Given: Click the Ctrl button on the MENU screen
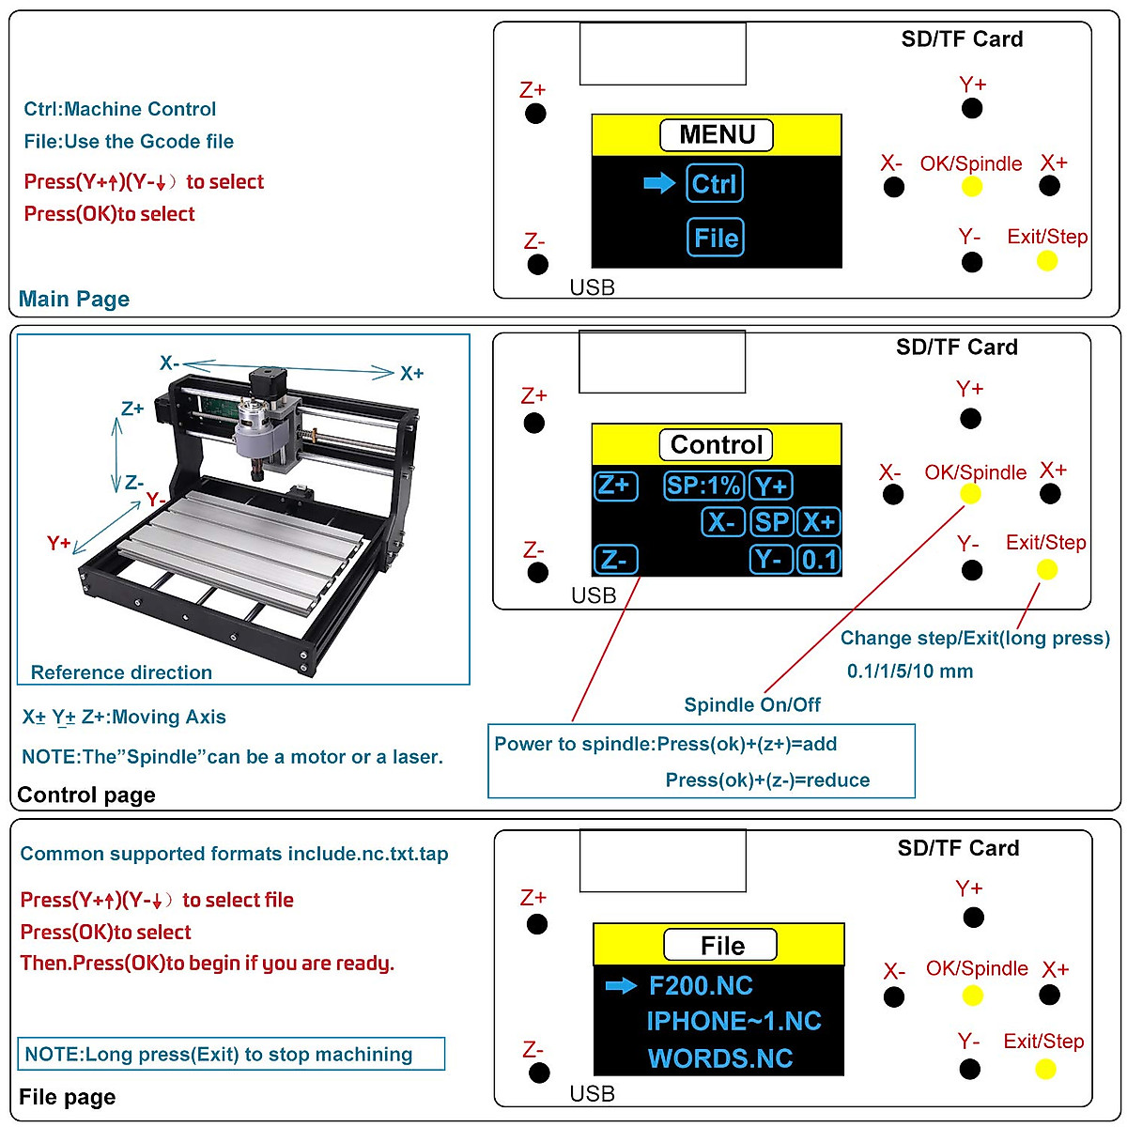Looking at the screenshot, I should tap(715, 183).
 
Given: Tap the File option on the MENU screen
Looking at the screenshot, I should tap(716, 238).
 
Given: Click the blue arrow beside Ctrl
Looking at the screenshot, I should tap(659, 183).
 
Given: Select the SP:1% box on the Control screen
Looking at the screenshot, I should tap(703, 486).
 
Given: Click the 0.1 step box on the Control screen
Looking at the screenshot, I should tap(819, 560).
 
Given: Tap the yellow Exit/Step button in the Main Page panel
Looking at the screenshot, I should tap(1046, 261).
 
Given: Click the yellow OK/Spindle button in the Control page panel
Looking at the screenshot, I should tap(970, 495).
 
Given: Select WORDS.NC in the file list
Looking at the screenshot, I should tap(720, 1058).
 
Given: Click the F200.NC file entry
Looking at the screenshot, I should tap(701, 985).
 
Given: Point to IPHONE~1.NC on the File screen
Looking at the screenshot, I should tap(733, 1022).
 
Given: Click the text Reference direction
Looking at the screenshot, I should tap(121, 672).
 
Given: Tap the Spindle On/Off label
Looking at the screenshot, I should tap(752, 705).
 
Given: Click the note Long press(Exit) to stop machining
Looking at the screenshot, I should tap(219, 1054).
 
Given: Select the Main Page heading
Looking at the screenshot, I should tap(74, 299).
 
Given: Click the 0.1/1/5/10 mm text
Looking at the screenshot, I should tap(909, 672).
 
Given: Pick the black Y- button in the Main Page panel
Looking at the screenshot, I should tap(972, 262).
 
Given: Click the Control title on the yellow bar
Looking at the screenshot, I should tap(717, 444).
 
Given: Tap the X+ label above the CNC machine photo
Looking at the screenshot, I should tap(411, 374).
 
